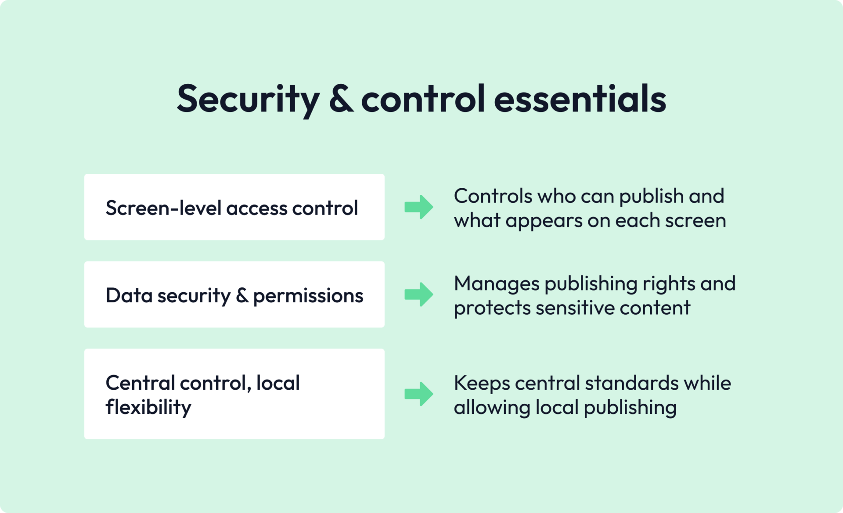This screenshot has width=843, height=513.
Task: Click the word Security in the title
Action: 248,99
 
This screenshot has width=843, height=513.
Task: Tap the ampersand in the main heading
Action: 341,99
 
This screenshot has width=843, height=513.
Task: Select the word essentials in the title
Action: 580,99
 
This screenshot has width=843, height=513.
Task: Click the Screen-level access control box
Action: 234,207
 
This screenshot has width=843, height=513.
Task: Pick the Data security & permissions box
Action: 234,294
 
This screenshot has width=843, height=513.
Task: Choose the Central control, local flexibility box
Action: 234,394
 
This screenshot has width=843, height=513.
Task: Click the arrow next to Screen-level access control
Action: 418,207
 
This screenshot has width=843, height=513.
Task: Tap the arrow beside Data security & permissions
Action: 418,294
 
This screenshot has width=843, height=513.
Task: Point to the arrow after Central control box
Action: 418,394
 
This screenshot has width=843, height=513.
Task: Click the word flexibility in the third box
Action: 148,407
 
